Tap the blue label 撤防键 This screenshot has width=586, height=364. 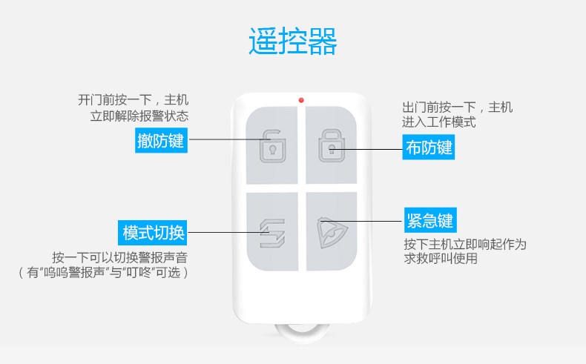[160, 139]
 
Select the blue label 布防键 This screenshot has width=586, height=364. [429, 148]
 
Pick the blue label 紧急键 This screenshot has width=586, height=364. [429, 220]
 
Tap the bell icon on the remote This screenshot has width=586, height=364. [329, 231]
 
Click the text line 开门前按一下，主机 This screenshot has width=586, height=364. [134, 100]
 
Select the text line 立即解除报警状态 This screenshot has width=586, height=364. [139, 116]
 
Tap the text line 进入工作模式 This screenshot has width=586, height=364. [438, 122]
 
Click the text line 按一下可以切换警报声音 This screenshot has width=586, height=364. [119, 257]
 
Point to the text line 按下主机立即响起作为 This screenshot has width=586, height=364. [465, 244]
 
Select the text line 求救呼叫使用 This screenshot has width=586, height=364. [441, 259]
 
